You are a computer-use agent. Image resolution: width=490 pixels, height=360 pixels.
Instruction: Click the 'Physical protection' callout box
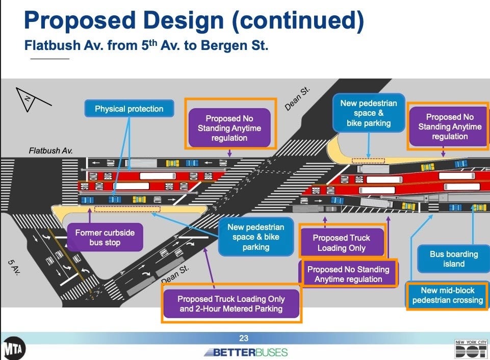(x=129, y=109)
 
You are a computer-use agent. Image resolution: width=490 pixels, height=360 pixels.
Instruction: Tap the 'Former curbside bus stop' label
(x=105, y=237)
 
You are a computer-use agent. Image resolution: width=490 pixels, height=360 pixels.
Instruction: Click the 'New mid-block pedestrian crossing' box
(x=447, y=295)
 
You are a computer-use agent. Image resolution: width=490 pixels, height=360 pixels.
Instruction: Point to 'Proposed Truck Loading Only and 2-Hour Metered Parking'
(x=231, y=303)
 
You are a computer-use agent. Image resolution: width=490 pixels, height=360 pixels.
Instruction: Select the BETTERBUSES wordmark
(x=246, y=352)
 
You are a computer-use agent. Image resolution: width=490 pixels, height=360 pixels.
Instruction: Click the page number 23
(x=244, y=338)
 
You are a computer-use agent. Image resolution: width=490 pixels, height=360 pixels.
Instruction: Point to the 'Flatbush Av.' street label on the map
(x=51, y=151)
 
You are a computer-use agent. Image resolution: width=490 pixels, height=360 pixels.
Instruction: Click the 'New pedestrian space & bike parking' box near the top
(x=368, y=113)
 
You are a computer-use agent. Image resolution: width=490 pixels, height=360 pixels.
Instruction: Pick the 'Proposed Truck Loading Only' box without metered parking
(x=341, y=243)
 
